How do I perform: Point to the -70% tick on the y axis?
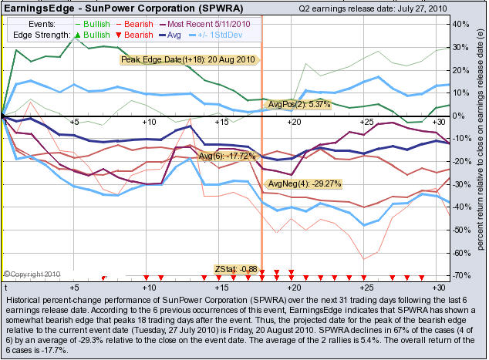(x=458, y=275)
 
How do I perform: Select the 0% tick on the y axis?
(x=455, y=116)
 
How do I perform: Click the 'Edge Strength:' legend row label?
(x=42, y=35)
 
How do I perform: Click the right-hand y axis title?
(x=479, y=146)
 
